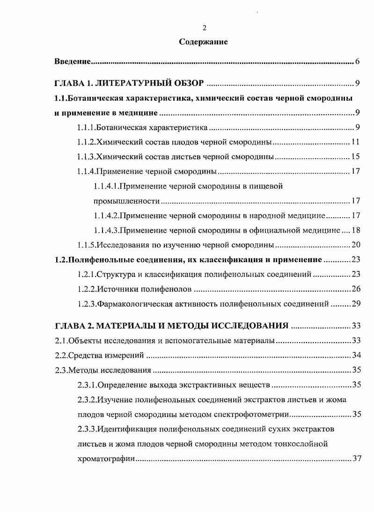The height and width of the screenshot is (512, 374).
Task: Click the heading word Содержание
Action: [x=204, y=42]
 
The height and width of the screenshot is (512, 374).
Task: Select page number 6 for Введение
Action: [x=357, y=62]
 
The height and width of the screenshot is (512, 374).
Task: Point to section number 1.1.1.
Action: [x=86, y=127]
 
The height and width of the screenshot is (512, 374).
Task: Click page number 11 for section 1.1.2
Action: [x=355, y=142]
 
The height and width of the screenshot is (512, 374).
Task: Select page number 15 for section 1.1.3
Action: [x=355, y=157]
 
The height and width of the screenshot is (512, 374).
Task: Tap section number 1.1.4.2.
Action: [x=106, y=216]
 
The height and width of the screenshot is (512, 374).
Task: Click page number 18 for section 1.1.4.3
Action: [x=355, y=230]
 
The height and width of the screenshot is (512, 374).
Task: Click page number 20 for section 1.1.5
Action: [x=355, y=245]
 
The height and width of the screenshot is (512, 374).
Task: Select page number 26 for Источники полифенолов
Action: [x=355, y=289]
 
